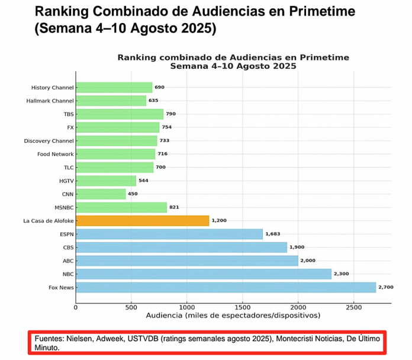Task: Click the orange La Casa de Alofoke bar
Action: pos(142,221)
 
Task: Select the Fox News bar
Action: pos(226,287)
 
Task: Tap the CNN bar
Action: pos(101,194)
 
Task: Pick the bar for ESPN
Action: pos(169,234)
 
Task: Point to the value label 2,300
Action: pos(342,274)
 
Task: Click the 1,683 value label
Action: pos(273,234)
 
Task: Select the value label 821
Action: pos(173,207)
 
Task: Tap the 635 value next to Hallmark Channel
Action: pos(153,101)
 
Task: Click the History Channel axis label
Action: pos(52,88)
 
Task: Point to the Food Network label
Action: pos(55,154)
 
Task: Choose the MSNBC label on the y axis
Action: pos(63,207)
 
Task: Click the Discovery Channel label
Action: pos(49,141)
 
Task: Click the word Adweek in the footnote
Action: pos(112,339)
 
